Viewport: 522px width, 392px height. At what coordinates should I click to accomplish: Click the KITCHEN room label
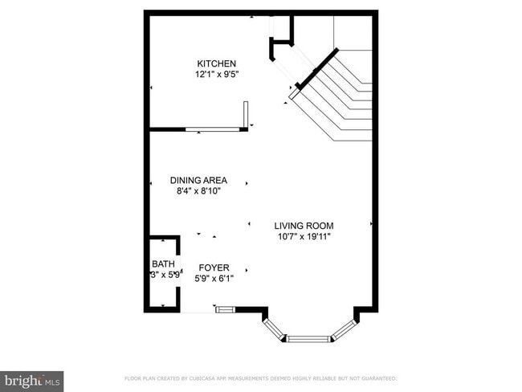click(x=217, y=63)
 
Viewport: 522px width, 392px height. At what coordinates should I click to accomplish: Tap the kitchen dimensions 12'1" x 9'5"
click(x=217, y=75)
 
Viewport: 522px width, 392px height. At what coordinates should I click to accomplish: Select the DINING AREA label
click(x=198, y=180)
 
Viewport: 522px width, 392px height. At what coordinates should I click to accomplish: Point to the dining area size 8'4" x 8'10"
click(x=198, y=191)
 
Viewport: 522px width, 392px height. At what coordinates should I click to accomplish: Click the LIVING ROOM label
click(x=304, y=226)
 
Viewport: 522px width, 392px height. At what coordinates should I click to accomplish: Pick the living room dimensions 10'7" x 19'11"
click(x=304, y=237)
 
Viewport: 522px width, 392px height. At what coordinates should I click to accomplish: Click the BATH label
click(x=163, y=263)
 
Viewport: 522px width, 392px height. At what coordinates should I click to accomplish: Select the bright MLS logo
click(x=32, y=380)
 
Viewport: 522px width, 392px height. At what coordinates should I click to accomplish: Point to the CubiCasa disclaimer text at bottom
click(x=260, y=378)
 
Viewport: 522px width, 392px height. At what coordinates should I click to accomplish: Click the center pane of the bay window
click(x=309, y=339)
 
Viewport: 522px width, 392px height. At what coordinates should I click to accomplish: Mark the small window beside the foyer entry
click(x=225, y=308)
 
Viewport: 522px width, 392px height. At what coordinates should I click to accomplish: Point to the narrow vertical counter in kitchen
click(x=247, y=113)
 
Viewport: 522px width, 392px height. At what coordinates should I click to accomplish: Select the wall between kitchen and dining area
click(x=168, y=129)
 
